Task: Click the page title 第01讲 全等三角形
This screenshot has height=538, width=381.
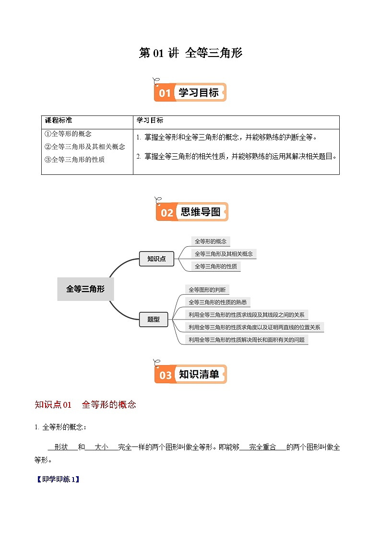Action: (x=190, y=53)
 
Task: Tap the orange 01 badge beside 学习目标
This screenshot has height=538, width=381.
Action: (x=165, y=92)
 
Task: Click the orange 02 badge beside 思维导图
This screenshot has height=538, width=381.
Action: (x=167, y=212)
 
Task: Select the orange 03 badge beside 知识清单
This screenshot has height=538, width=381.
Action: (x=165, y=375)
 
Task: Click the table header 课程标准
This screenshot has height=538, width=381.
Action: (x=58, y=120)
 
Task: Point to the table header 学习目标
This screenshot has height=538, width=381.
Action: (x=150, y=120)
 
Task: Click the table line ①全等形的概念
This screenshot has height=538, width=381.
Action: (x=68, y=134)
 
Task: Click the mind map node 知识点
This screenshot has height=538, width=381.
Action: (x=156, y=259)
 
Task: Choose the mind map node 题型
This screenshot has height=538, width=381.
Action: (x=154, y=319)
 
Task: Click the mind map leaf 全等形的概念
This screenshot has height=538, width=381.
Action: (x=210, y=241)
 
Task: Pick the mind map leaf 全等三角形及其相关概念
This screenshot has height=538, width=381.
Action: (x=223, y=254)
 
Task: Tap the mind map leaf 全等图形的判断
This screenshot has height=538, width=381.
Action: (x=207, y=290)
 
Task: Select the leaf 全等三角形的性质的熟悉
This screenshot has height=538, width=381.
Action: (x=217, y=302)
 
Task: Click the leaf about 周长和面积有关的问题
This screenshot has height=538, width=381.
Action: (x=246, y=340)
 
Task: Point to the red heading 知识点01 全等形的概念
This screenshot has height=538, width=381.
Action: (x=85, y=405)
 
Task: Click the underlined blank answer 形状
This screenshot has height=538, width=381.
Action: (x=62, y=447)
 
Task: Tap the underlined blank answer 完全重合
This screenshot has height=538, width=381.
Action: (x=262, y=447)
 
